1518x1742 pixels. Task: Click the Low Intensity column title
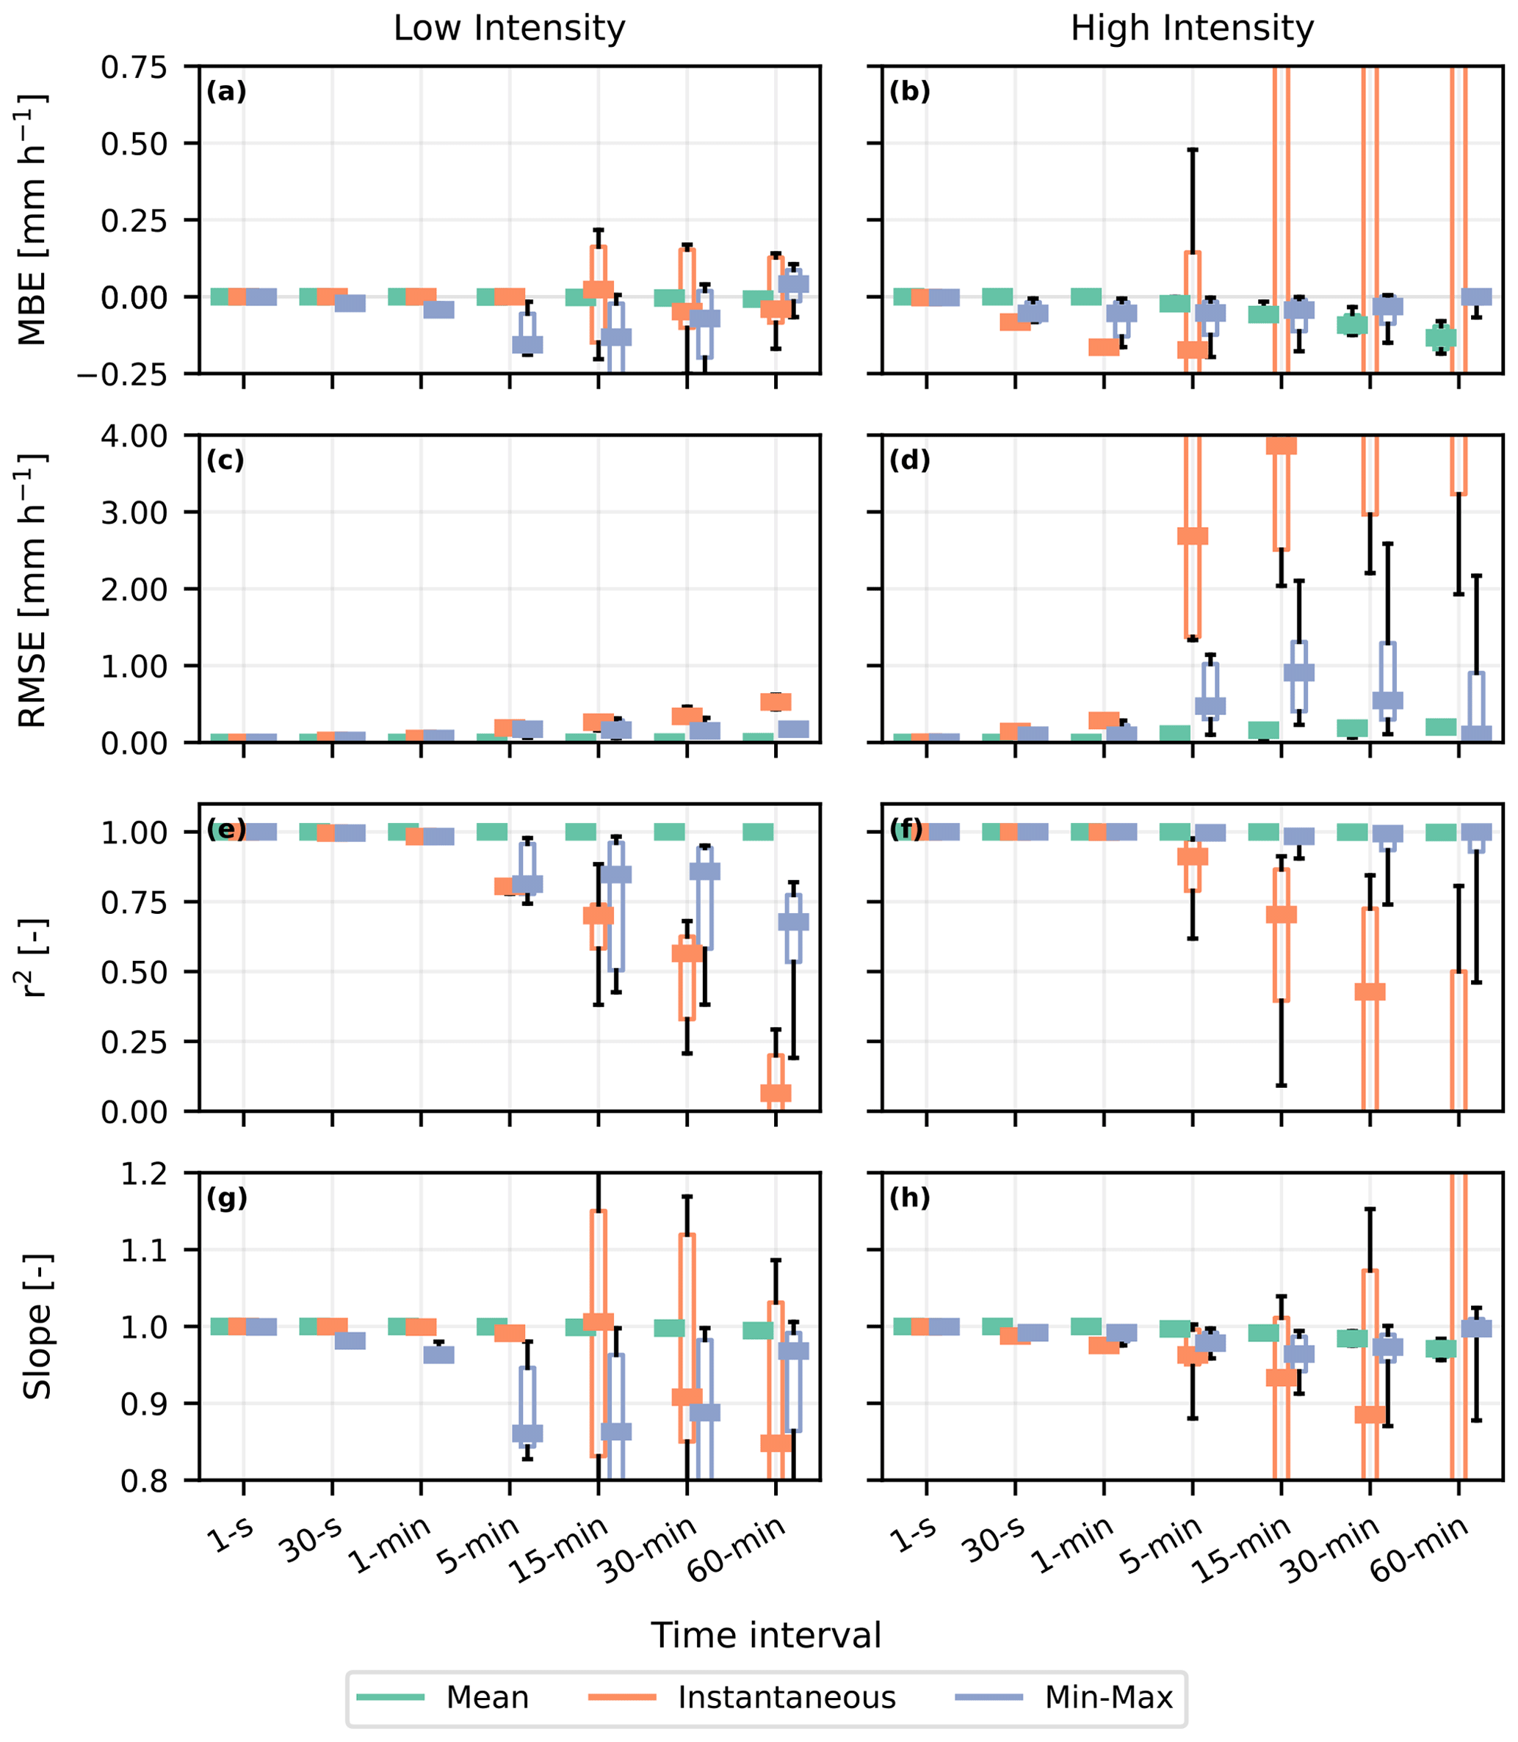tap(509, 29)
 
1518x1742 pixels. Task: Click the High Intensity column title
tap(1192, 29)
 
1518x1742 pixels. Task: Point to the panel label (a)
tap(226, 92)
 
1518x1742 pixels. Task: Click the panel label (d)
tap(910, 461)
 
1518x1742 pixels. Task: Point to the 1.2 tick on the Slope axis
tap(145, 1174)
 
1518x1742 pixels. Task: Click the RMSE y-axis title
tap(32, 589)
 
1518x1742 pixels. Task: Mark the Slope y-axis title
tap(35, 1327)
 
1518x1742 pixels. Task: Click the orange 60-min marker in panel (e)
tap(776, 1092)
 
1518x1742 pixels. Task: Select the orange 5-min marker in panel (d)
tap(1193, 536)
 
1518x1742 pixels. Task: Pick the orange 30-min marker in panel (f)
tap(1370, 992)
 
